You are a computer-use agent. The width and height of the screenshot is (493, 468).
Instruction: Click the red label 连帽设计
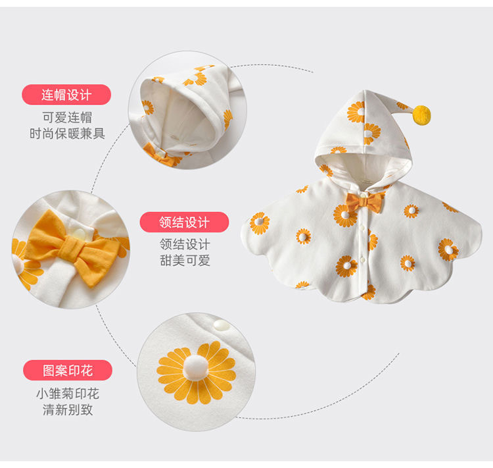[66, 95]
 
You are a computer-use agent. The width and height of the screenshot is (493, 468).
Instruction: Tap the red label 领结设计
[184, 222]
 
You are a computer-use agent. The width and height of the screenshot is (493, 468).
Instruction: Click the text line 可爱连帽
[66, 118]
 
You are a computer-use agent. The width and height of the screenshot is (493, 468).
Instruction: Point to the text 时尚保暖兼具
[66, 134]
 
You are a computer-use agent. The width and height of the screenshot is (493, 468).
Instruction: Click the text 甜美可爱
[185, 260]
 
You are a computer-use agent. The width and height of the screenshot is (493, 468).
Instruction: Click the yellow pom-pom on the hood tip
[421, 115]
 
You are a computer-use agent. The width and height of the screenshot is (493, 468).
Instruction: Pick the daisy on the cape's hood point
[356, 111]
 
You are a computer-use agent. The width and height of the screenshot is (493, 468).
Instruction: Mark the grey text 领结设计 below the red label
[185, 244]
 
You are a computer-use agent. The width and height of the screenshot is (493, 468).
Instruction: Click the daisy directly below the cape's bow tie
[344, 215]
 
